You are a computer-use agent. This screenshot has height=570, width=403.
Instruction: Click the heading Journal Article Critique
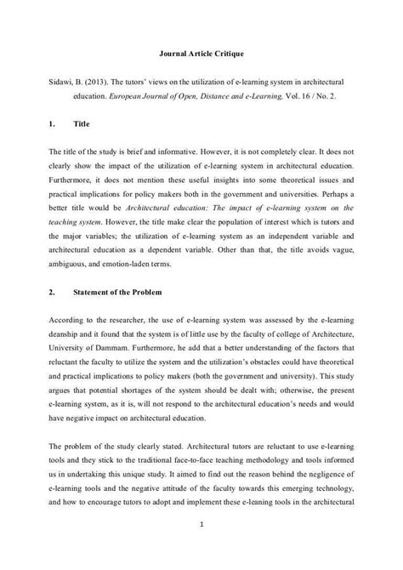tap(202, 54)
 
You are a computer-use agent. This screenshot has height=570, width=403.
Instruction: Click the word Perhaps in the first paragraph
tap(328, 193)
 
